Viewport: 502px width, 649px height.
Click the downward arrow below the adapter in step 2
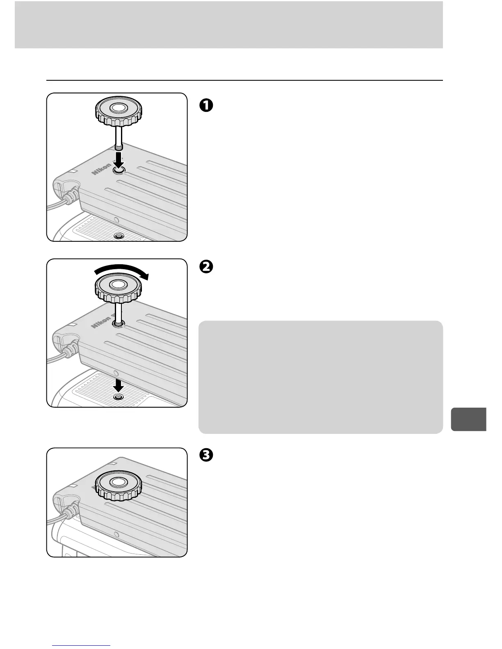pos(119,384)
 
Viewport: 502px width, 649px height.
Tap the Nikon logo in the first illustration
pos(101,168)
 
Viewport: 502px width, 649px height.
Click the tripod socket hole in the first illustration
pos(119,236)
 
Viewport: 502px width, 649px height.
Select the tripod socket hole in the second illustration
pos(119,397)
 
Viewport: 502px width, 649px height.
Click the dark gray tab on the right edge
pos(468,419)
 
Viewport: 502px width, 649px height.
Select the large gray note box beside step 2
pos(320,377)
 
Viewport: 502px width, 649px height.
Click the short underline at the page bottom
pos(82,645)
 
